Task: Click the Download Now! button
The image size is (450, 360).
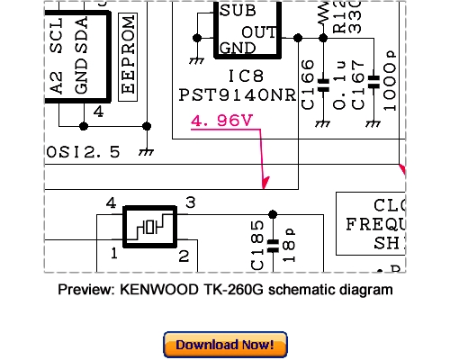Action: [225, 345]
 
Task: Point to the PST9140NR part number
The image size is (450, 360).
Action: [236, 93]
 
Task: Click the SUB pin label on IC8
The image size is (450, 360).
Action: [237, 12]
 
